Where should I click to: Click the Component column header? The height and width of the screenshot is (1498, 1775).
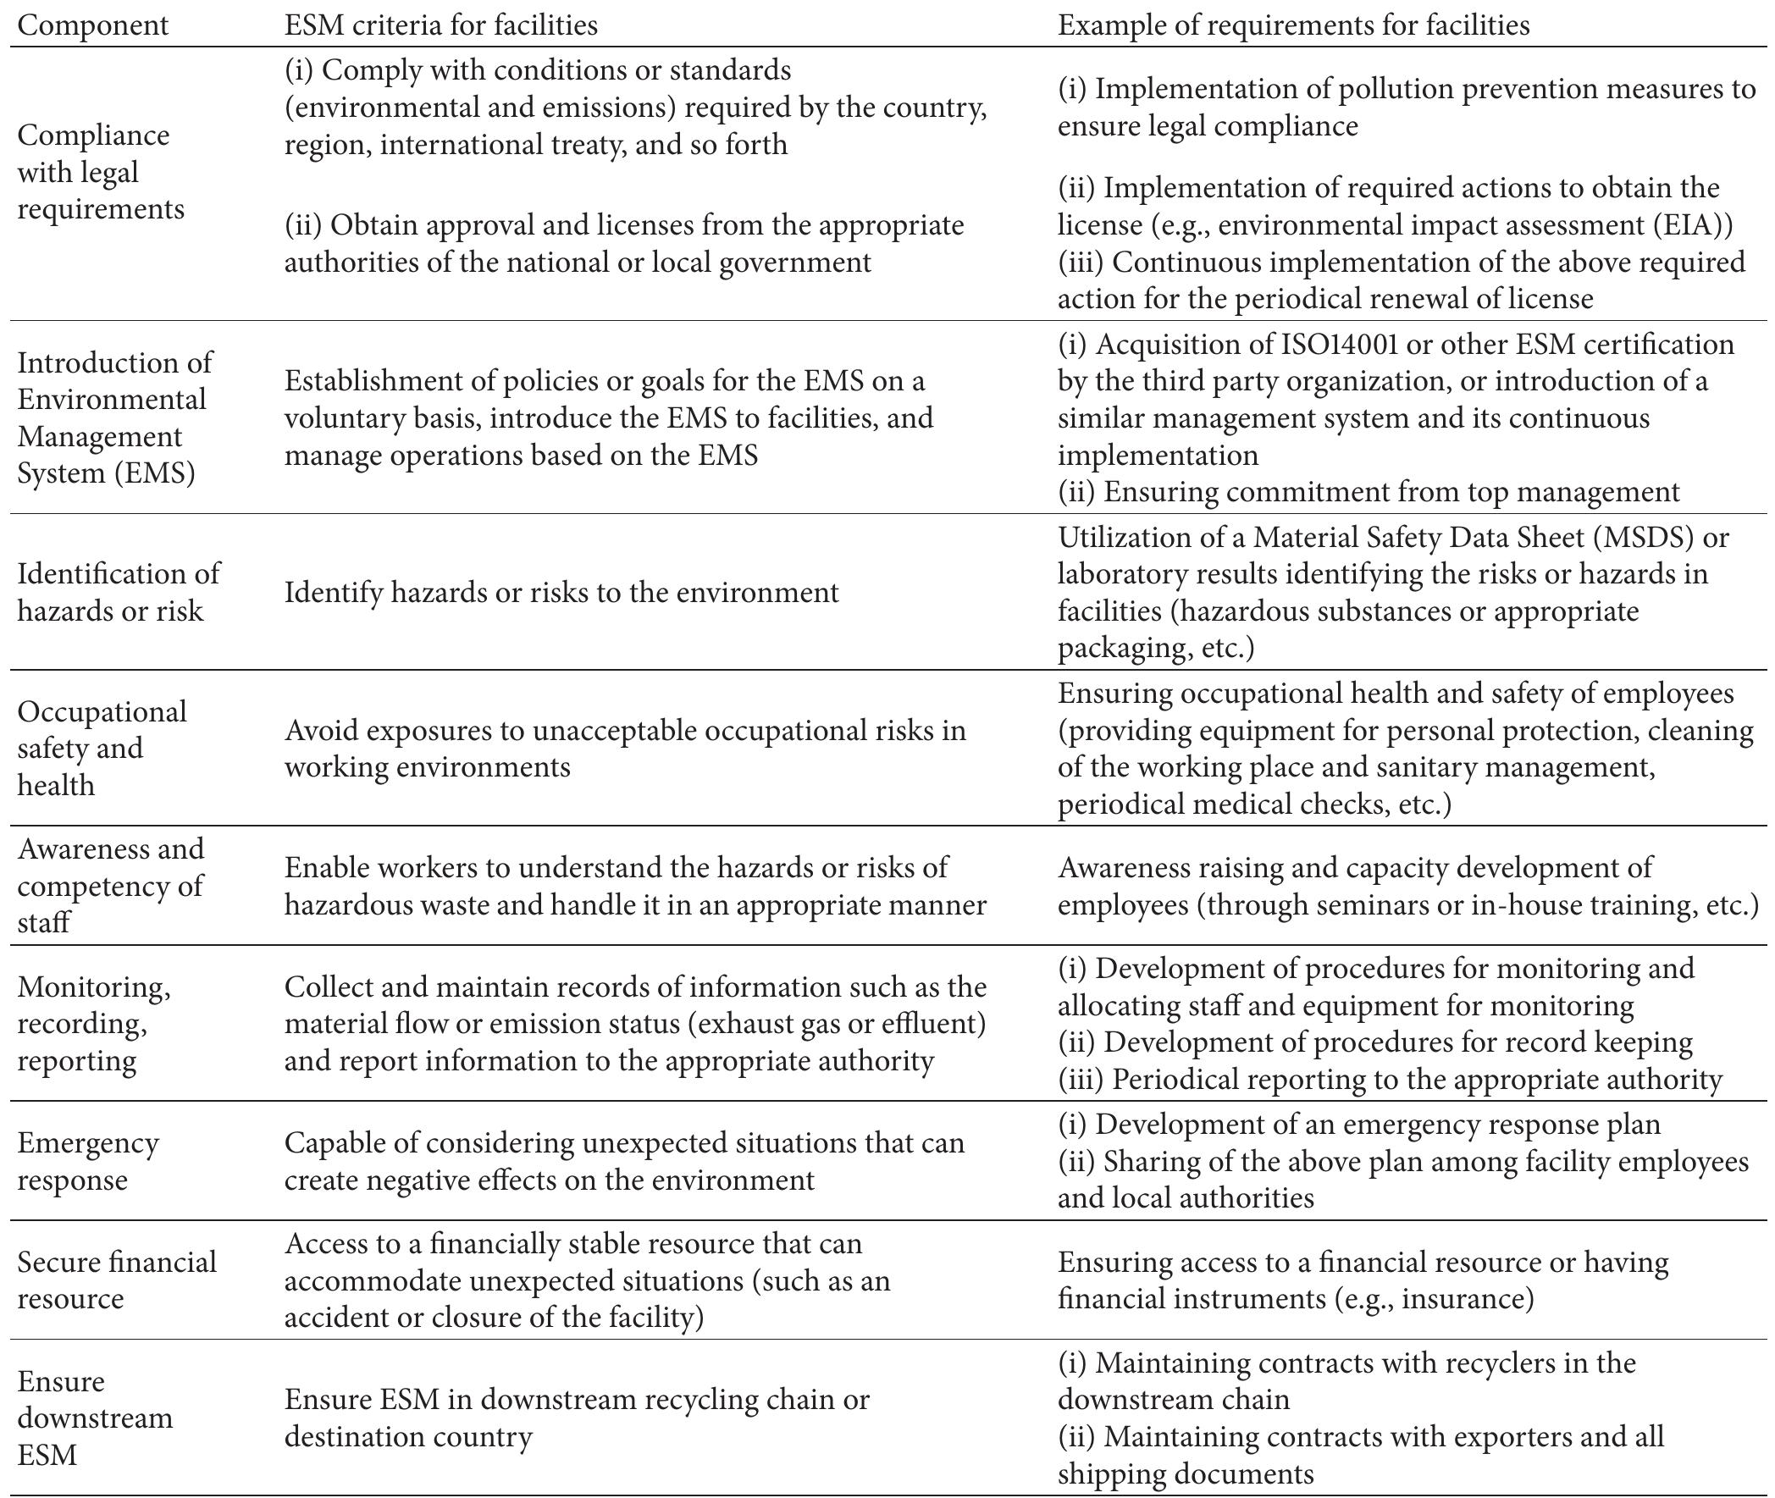(92, 25)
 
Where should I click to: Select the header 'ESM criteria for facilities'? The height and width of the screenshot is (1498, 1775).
(440, 25)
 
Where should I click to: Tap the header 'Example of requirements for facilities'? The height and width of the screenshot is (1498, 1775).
(1293, 25)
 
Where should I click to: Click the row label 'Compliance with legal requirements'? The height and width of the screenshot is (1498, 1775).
(100, 173)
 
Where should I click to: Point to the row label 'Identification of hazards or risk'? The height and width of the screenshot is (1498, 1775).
(118, 592)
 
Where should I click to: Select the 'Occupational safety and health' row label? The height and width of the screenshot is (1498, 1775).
(102, 747)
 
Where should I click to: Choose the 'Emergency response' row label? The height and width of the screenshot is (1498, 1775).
(87, 1161)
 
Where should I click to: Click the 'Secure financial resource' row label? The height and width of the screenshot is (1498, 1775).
(116, 1280)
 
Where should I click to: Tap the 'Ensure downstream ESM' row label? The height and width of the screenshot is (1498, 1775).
(94, 1418)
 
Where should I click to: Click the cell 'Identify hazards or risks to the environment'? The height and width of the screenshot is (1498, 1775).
(561, 592)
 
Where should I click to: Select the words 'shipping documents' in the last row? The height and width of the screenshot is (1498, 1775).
(1186, 1474)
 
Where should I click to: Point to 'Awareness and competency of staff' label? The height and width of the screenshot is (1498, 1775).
(110, 885)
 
